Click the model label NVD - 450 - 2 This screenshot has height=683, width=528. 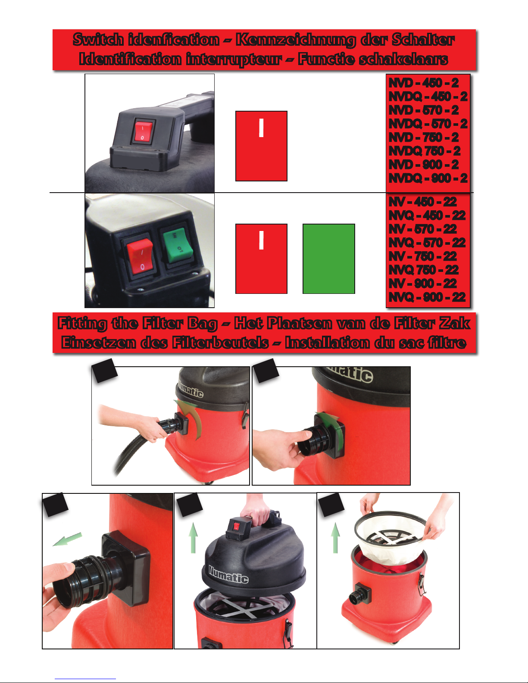pyautogui.click(x=423, y=83)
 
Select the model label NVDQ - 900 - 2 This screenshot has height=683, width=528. pyautogui.click(x=428, y=178)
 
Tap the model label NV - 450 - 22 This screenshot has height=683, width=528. pyautogui.click(x=423, y=202)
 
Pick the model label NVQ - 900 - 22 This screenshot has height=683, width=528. pyautogui.click(x=427, y=297)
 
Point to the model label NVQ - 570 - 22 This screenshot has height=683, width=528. pyautogui.click(x=427, y=243)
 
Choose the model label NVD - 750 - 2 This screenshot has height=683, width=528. pyautogui.click(x=423, y=137)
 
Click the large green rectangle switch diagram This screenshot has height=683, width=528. pyautogui.click(x=329, y=259)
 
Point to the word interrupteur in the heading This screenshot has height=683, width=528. pyautogui.click(x=234, y=59)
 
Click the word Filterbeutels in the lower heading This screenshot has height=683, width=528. pyautogui.click(x=220, y=343)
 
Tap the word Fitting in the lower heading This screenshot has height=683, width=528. pyautogui.click(x=82, y=324)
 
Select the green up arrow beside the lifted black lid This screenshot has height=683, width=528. pyautogui.click(x=193, y=537)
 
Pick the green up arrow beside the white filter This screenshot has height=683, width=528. pyautogui.click(x=336, y=537)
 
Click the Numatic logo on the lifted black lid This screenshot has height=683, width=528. pyautogui.click(x=228, y=574)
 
